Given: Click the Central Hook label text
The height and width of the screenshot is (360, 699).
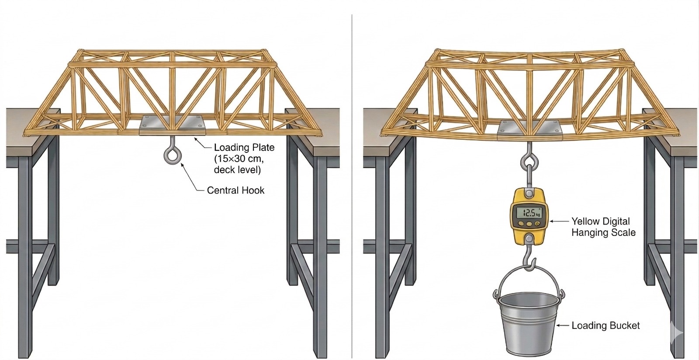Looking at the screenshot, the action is tap(236, 190).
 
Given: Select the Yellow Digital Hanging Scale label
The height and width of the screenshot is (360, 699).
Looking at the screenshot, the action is tap(603, 227).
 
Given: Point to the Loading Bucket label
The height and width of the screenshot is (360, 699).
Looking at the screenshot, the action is tap(606, 325).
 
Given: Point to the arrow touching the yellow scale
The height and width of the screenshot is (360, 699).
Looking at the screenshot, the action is tap(559, 222).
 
